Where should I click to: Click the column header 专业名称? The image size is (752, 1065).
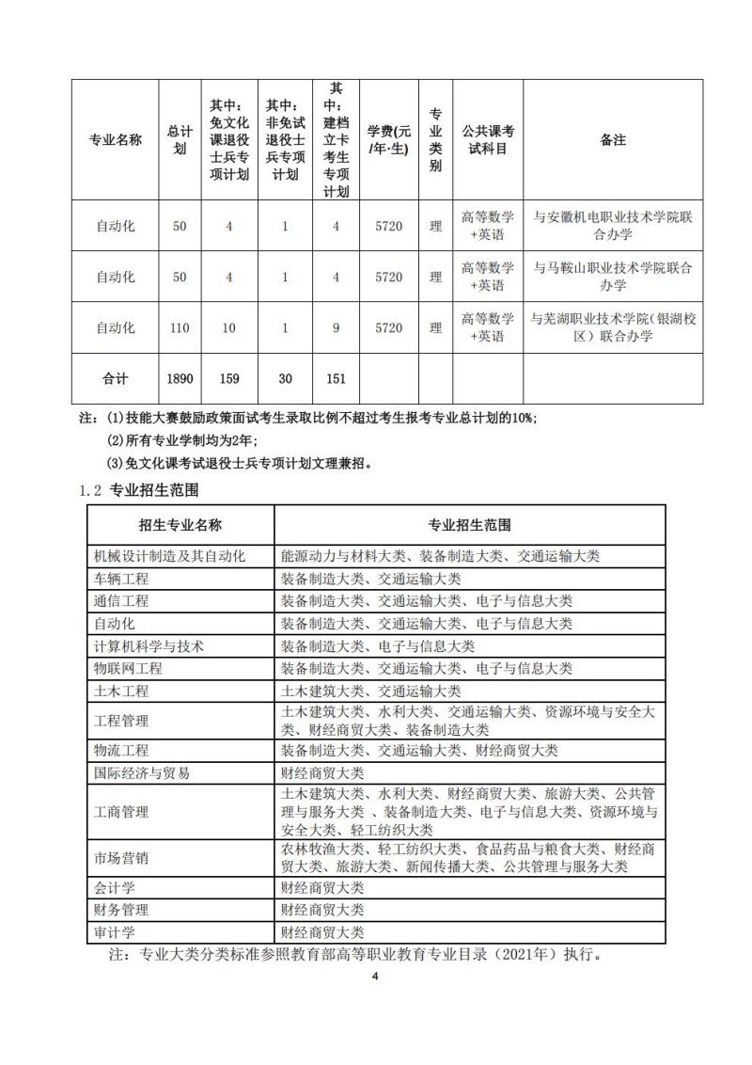point(116,139)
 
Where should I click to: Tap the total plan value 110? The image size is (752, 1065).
point(180,327)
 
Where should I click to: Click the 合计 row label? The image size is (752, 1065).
point(116,378)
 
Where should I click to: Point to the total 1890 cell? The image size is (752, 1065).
point(180,378)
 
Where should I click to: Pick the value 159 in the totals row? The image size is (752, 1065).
point(228,378)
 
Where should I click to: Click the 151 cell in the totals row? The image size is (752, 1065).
point(335,378)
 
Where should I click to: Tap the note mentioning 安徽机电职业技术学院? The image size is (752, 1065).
point(612,226)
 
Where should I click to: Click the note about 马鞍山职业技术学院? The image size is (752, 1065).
point(612,277)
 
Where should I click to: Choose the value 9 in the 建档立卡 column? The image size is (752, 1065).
point(335,327)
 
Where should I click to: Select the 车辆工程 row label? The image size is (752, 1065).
point(121,578)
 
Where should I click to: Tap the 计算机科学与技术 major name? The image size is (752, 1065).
point(149,645)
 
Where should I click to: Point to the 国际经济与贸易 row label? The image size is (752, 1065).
point(142,772)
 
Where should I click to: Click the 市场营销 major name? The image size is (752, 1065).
point(121,857)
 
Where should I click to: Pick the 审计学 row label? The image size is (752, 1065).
point(115,932)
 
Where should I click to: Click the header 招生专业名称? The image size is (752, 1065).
point(180,524)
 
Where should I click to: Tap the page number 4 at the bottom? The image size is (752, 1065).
point(374,977)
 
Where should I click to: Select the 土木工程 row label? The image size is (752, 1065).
point(121,691)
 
